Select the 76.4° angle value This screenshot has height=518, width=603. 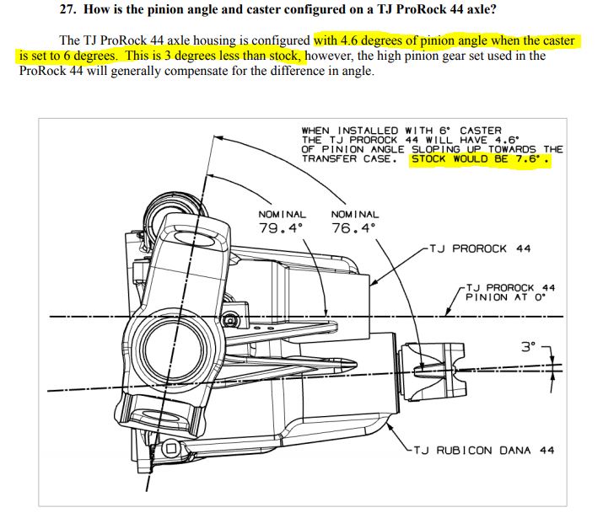tap(354, 228)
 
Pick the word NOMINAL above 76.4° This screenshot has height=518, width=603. tap(355, 215)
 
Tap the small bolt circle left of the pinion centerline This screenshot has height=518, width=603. tap(229, 321)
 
